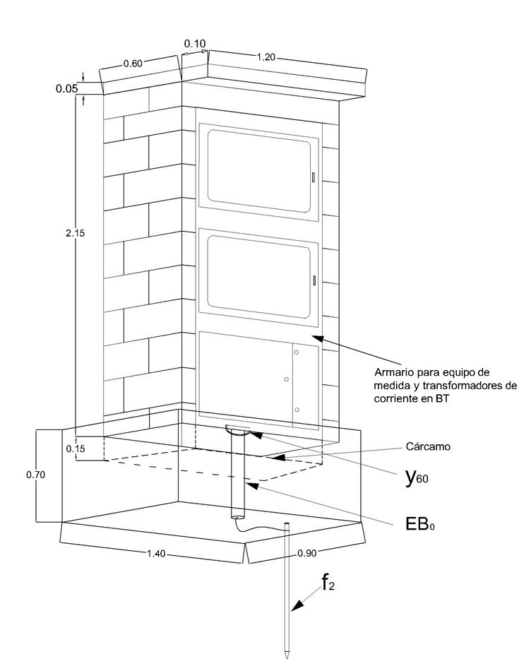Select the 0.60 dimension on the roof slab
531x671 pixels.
point(133,64)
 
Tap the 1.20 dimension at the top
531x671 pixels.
point(265,57)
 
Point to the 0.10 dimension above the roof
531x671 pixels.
point(195,44)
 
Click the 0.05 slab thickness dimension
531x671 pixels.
point(67,89)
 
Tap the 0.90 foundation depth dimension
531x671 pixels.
point(306,553)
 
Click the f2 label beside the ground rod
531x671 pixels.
point(328,583)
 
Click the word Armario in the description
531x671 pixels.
point(397,372)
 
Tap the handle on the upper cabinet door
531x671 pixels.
point(313,177)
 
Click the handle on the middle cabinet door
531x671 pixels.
point(314,280)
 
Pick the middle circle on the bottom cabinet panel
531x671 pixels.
point(286,380)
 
